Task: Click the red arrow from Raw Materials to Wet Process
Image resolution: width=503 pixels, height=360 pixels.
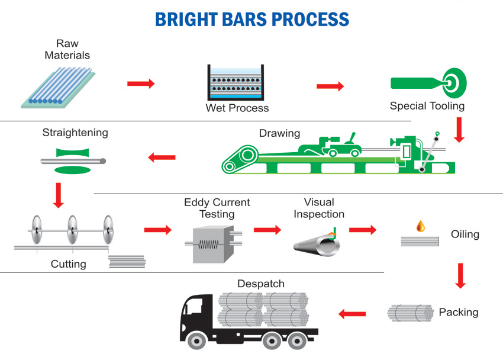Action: click(x=141, y=83)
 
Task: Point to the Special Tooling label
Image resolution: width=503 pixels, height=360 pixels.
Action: click(x=427, y=107)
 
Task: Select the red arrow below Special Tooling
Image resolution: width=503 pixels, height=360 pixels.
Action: click(x=459, y=130)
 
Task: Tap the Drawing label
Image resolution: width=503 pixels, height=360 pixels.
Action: click(x=279, y=133)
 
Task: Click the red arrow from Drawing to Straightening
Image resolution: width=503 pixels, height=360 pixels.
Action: click(x=162, y=157)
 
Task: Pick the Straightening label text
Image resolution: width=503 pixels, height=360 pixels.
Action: click(x=75, y=133)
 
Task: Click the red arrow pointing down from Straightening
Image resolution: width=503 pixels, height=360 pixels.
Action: click(x=58, y=195)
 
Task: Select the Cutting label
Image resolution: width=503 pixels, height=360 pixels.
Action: click(x=69, y=264)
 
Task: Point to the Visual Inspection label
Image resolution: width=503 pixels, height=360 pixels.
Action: click(x=319, y=208)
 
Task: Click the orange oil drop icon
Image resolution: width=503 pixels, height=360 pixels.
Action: click(x=420, y=226)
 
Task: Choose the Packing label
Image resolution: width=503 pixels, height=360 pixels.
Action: click(x=459, y=312)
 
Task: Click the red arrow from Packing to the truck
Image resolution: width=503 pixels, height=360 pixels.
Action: click(x=352, y=313)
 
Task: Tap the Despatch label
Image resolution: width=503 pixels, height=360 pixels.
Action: click(x=261, y=284)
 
